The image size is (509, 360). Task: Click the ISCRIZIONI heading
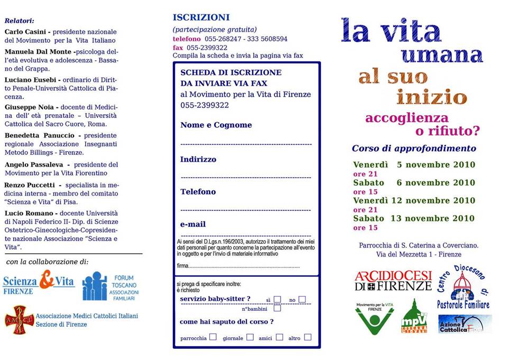click(x=201, y=17)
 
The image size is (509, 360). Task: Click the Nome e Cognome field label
click(x=216, y=125)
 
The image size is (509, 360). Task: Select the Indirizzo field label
click(x=198, y=159)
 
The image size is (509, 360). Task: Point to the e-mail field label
click(x=193, y=224)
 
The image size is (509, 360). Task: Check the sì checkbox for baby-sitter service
click(x=277, y=299)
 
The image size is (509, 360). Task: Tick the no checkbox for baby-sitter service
click(x=302, y=299)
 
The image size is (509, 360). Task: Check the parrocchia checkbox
click(x=213, y=337)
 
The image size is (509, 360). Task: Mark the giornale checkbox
click(x=249, y=337)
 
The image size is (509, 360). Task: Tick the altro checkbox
click(x=308, y=337)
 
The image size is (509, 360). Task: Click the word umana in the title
click(x=442, y=55)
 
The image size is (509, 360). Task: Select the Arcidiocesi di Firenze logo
click(x=393, y=281)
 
